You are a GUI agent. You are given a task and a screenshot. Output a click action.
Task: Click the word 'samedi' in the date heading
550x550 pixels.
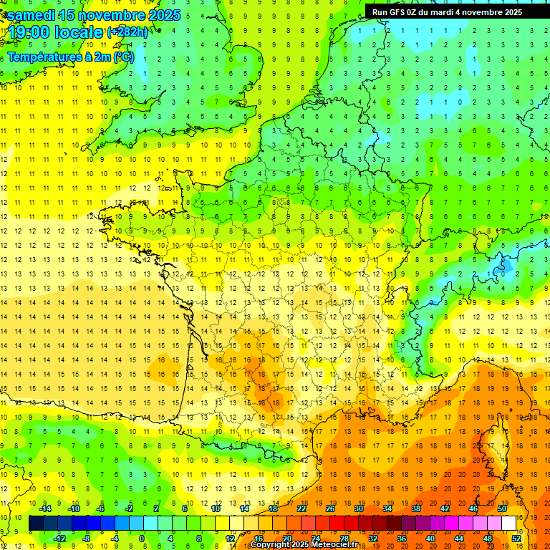click(x=33, y=15)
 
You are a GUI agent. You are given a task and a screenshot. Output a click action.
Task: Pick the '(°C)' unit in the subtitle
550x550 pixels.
click(x=123, y=57)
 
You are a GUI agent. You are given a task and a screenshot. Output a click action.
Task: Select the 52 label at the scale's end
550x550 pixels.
click(x=516, y=538)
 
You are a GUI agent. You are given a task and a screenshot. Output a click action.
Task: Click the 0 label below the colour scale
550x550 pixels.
click(x=141, y=538)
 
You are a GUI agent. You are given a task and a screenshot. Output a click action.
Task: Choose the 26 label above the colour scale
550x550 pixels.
click(x=330, y=508)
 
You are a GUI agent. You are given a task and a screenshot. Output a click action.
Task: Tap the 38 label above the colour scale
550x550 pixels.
click(x=416, y=508)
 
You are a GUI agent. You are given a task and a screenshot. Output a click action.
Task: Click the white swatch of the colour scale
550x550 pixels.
click(x=509, y=524)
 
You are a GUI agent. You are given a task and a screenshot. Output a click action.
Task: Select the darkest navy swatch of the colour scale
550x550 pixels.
click(x=36, y=524)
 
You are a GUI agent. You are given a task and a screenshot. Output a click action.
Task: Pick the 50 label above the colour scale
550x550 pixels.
click(x=502, y=508)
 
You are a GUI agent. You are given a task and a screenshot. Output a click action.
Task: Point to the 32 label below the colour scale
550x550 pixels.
click(x=373, y=538)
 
